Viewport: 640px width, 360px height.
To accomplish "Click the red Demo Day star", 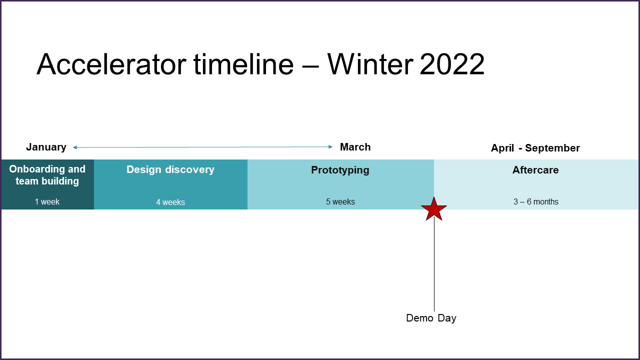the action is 434,209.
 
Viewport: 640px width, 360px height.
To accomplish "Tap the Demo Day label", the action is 431,318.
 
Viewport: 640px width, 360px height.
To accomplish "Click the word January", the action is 46,147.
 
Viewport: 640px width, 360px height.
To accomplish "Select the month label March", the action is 355,147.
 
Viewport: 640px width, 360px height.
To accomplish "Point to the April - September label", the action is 535,148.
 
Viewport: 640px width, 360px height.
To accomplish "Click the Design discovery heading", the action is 170,169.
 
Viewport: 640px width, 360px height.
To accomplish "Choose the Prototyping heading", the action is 340,170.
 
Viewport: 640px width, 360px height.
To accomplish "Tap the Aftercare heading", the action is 535,170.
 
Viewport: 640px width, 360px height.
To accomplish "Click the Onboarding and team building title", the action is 47,175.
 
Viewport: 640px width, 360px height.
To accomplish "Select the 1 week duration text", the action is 47,201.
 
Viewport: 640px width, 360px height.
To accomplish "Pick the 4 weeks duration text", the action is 170,202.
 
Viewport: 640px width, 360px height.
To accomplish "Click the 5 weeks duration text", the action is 340,201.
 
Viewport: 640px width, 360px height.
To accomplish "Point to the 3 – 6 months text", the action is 535,201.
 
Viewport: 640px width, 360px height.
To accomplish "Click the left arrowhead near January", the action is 75,147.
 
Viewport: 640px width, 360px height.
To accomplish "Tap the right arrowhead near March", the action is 331,147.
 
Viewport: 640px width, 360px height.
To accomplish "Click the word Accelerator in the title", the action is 111,64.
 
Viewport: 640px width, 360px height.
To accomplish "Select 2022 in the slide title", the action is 452,64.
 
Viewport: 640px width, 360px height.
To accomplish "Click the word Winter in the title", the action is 370,64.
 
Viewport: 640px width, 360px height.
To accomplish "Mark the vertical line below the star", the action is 434,264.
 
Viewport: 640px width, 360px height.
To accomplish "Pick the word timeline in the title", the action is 243,64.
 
